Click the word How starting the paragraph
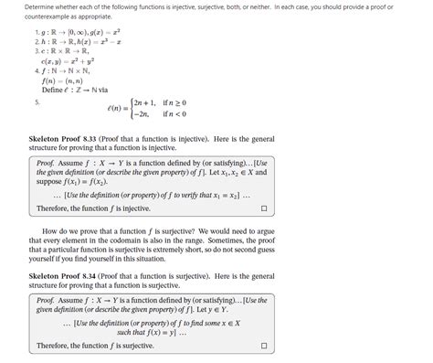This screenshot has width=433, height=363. [x=52, y=231]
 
